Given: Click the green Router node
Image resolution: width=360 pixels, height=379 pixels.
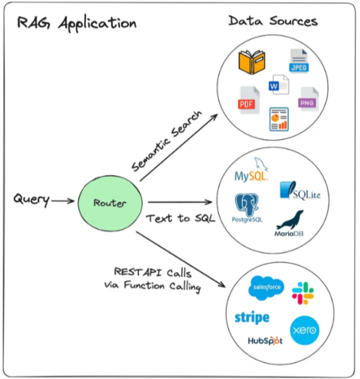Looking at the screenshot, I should click(110, 203).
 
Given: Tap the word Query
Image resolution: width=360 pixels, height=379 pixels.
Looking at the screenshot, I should click(31, 199).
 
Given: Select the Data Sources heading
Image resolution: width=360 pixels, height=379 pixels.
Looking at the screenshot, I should click(273, 21).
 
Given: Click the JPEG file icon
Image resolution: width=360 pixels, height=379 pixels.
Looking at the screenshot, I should click(299, 61).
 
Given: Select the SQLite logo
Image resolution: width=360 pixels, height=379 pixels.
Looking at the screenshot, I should click(300, 191).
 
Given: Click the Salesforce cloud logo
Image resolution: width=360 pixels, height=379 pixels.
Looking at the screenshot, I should click(265, 288).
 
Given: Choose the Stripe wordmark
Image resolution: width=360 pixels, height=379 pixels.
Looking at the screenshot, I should click(252, 317).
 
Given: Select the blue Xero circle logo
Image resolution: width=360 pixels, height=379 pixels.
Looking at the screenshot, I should click(304, 330).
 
